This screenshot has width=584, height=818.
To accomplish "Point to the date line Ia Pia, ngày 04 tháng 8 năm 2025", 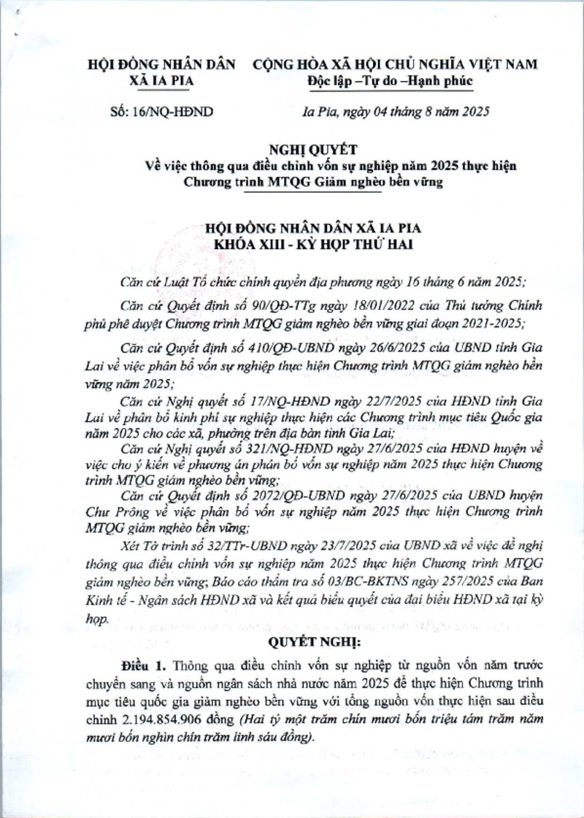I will (394, 112).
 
